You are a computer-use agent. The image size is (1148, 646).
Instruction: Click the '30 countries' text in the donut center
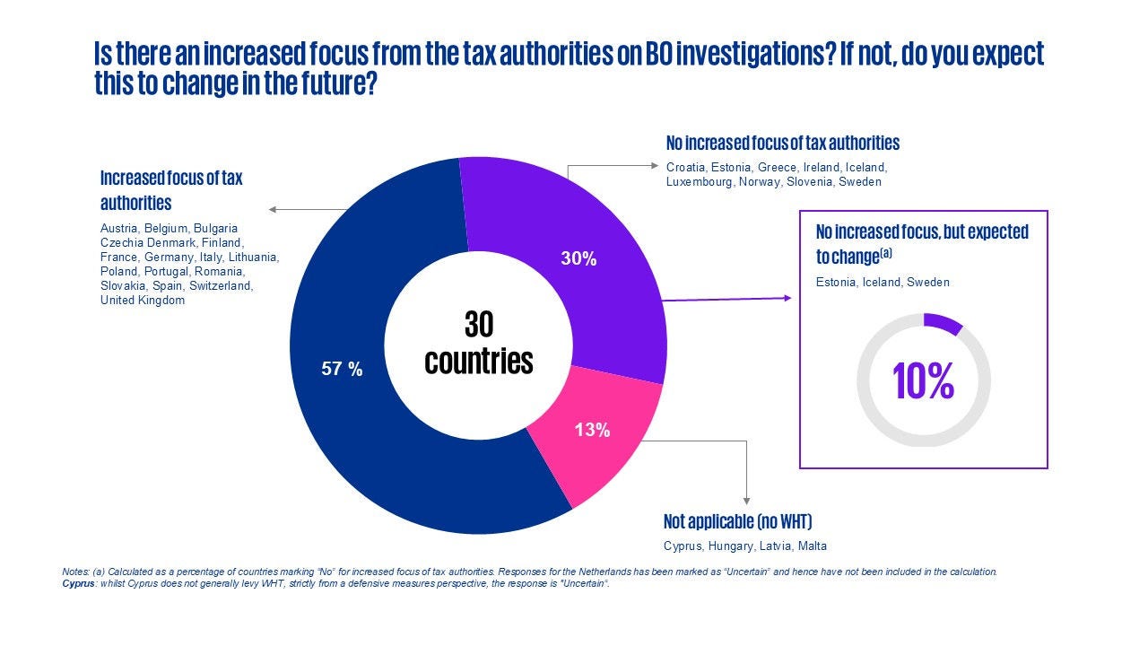[479, 343]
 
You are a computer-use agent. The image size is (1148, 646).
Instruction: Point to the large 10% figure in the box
[924, 381]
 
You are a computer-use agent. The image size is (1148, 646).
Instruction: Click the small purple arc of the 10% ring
[944, 322]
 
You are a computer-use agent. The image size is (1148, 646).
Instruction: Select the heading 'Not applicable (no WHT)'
[737, 521]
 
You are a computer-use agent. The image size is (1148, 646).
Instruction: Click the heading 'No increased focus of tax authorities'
[782, 143]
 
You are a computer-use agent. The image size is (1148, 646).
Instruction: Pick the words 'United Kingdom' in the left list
[143, 300]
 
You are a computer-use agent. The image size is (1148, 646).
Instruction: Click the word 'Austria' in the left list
[119, 228]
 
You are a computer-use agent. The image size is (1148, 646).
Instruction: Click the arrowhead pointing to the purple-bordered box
[788, 298]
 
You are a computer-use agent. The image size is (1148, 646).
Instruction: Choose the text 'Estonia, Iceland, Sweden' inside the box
[883, 282]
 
